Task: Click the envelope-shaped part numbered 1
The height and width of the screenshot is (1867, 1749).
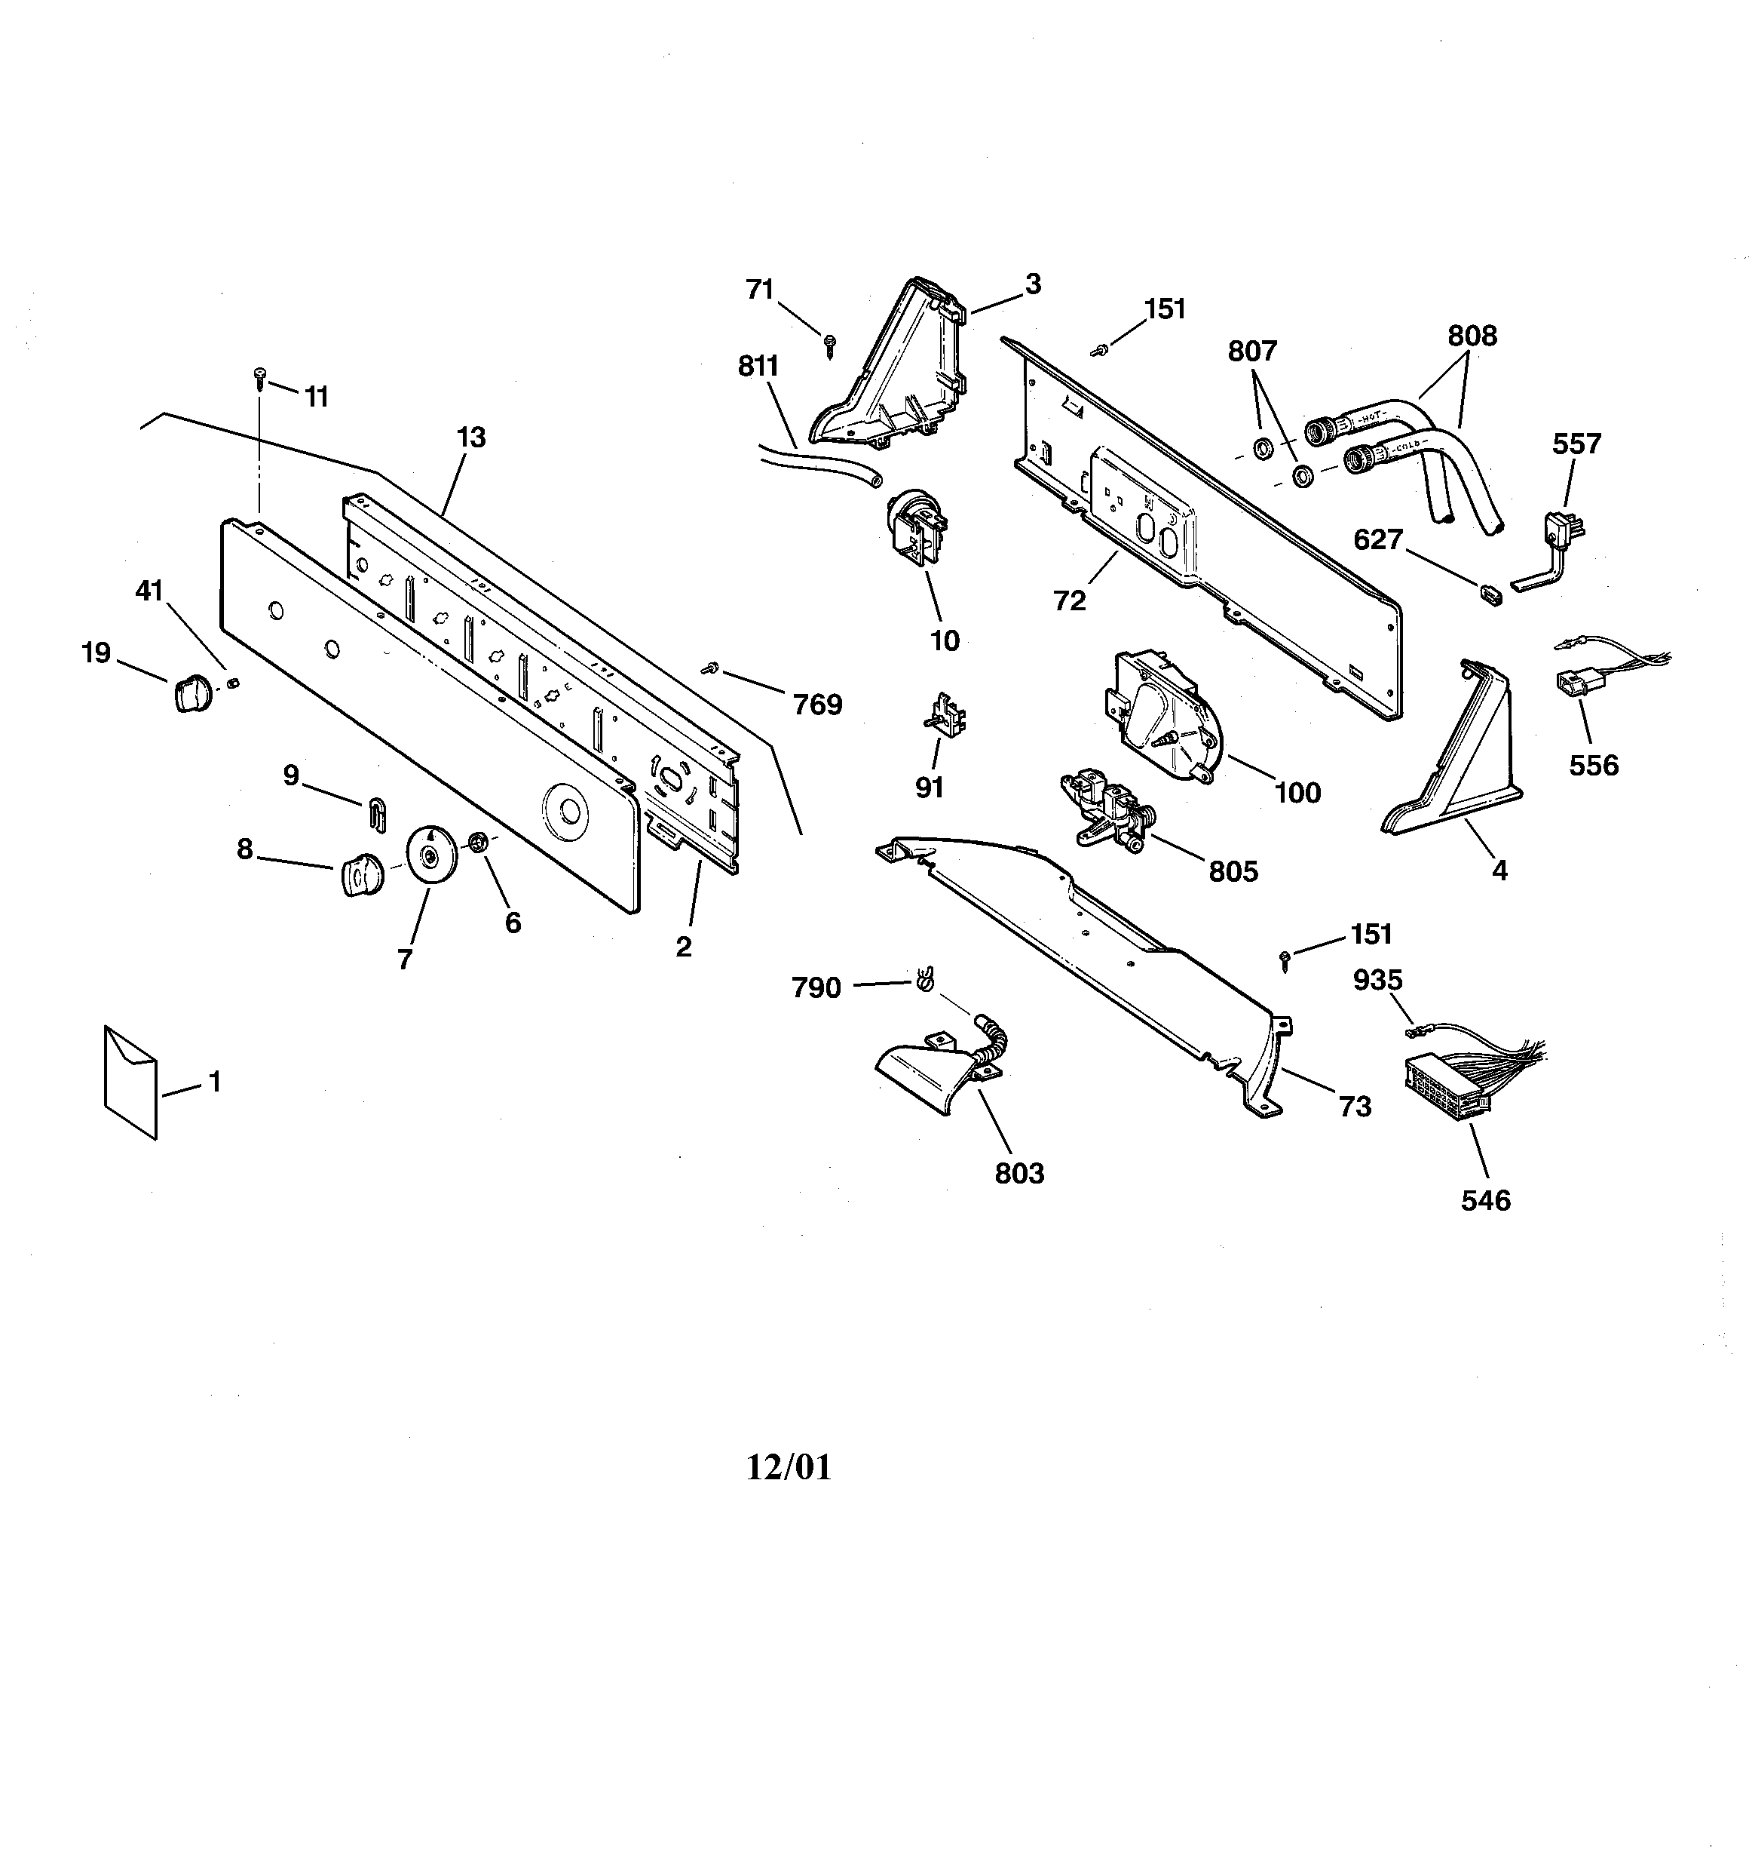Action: [x=130, y=1081]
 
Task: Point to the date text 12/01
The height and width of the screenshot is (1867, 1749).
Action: [x=789, y=1467]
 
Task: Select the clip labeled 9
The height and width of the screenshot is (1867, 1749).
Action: [x=376, y=813]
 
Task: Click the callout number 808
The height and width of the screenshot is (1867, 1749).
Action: [x=1471, y=335]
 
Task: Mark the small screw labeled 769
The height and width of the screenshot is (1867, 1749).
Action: [x=709, y=668]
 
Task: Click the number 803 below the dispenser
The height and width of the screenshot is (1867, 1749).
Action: [x=1018, y=1173]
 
